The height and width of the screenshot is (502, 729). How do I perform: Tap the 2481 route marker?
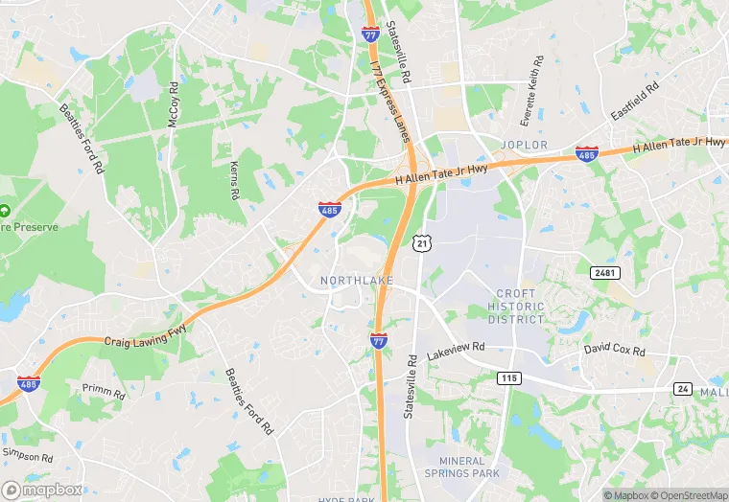click(606, 273)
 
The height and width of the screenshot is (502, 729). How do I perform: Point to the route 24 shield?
click(683, 388)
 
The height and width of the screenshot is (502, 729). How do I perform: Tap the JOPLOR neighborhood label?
click(524, 145)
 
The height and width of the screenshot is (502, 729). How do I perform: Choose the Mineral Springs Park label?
click(463, 467)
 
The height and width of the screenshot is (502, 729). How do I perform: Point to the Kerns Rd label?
click(234, 180)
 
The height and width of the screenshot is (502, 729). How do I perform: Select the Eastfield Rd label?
click(634, 101)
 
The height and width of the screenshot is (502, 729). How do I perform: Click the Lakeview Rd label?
click(457, 348)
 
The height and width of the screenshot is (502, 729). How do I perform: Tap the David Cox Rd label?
click(615, 351)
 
